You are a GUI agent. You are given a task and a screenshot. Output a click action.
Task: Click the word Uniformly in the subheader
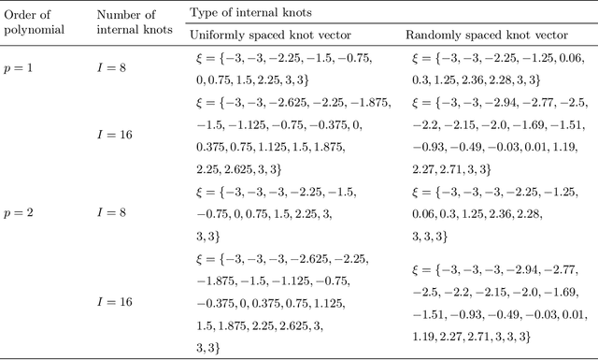(216, 36)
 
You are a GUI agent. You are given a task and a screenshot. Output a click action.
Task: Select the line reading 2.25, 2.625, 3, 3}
(246, 169)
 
